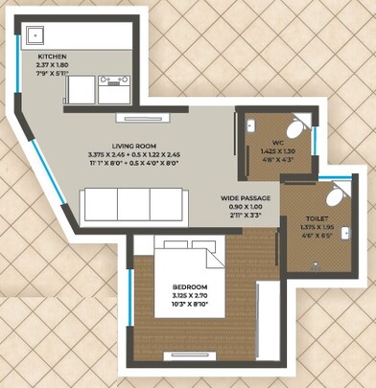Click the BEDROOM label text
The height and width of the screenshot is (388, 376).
[190, 286]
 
